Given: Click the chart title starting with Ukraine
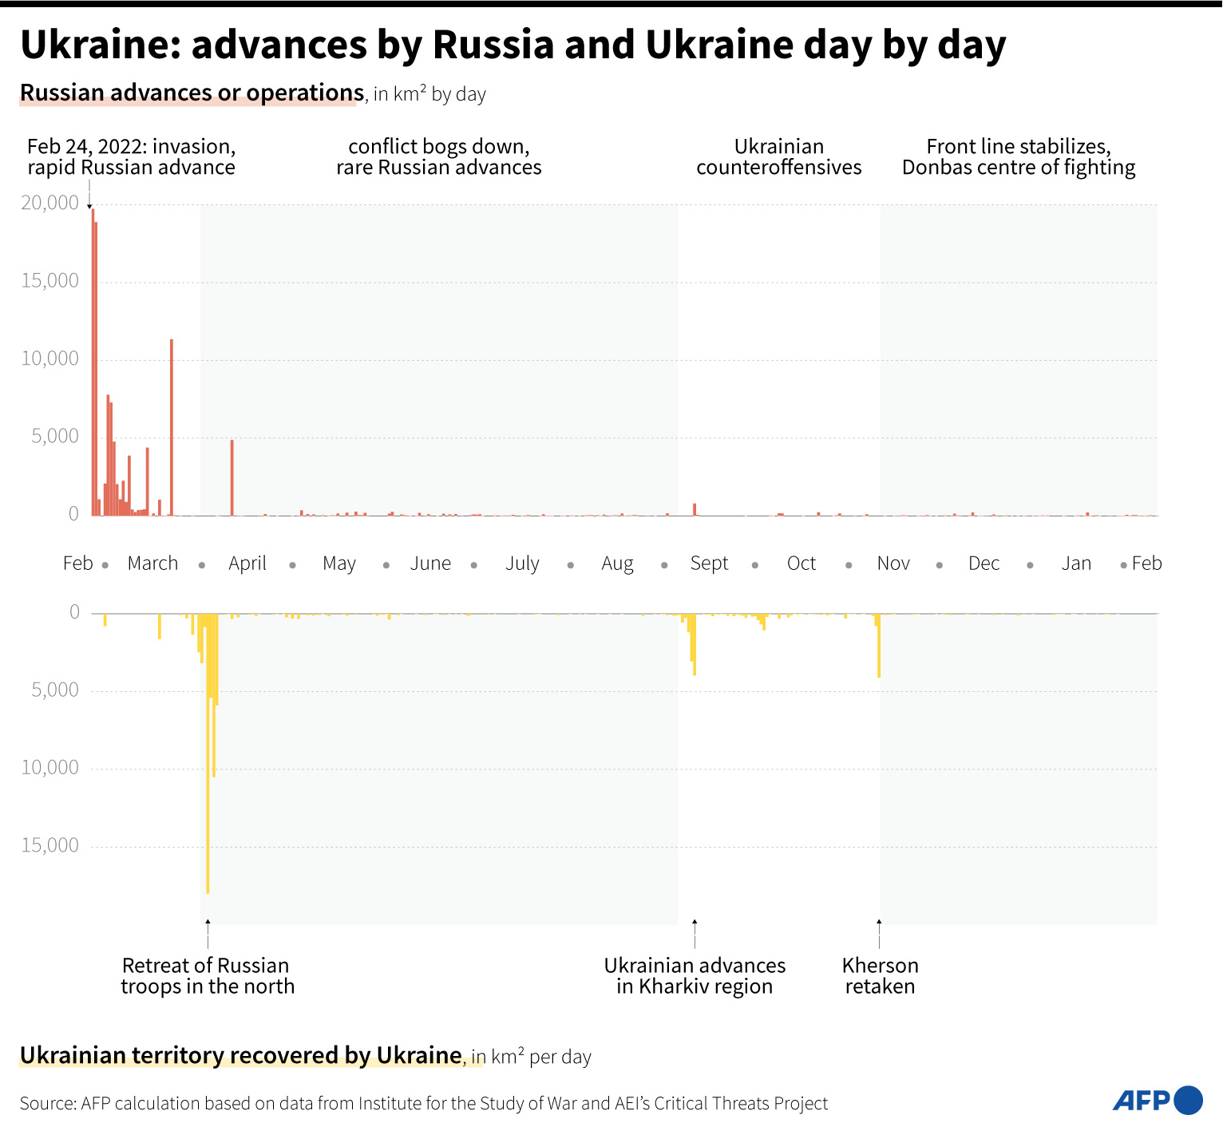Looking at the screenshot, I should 513,45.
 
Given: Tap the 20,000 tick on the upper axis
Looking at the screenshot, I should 50,203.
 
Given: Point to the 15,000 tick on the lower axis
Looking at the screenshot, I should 50,845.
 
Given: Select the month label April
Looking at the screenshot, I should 247,563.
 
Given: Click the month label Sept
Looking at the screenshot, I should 709,563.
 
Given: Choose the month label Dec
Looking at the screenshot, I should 984,563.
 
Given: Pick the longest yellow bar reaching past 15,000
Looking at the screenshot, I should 208,758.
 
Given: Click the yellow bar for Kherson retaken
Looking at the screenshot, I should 879,647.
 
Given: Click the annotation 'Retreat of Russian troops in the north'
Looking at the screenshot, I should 208,976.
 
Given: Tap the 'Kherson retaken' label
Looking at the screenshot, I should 880,976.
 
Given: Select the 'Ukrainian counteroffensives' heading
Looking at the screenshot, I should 779,157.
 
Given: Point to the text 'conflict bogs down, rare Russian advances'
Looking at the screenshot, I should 439,157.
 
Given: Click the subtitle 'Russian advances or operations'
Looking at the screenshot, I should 192,93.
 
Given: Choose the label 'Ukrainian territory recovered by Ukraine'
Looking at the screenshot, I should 241,1056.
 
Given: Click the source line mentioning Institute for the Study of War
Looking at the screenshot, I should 423,1104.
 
